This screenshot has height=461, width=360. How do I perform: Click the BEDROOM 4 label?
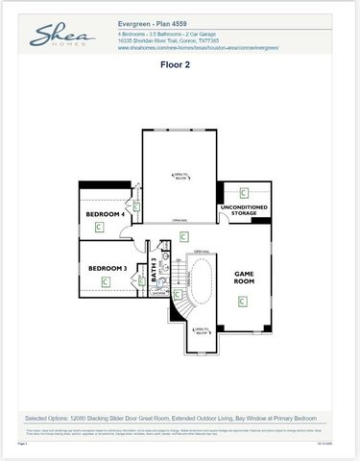[x=105, y=213]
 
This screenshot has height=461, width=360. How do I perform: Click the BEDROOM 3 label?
[x=108, y=268]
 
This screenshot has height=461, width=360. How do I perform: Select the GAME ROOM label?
[x=244, y=278]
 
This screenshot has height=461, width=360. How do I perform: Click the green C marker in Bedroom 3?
[x=107, y=282]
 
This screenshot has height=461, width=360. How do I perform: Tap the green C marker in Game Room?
[x=243, y=301]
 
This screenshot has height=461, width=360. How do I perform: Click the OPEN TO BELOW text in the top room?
[x=180, y=176]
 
